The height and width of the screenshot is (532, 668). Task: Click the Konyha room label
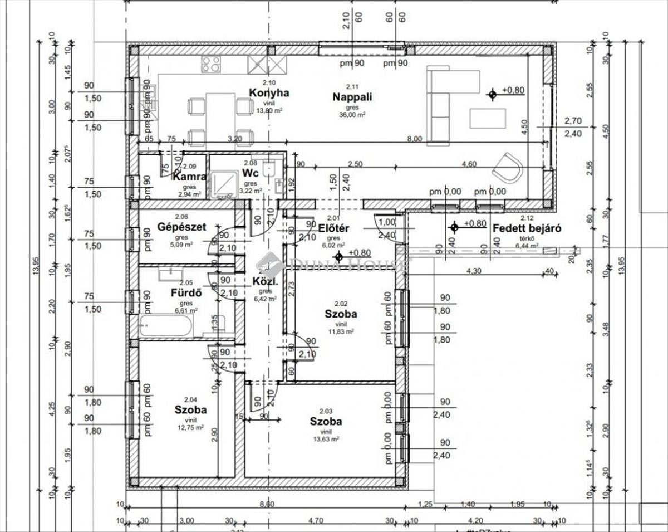pos(269,93)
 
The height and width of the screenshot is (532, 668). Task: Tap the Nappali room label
pos(352,96)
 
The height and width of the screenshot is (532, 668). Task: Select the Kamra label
pos(190,177)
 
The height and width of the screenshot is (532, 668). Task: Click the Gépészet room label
pos(182,227)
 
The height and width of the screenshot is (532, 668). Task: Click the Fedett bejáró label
pos(527,228)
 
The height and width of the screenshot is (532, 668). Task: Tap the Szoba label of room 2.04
pos(190,409)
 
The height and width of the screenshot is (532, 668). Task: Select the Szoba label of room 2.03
pos(326,421)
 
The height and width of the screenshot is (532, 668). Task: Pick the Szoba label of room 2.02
pos(341,314)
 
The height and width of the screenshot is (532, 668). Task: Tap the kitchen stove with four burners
pos(211,64)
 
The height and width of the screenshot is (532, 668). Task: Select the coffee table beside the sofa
pos(488,118)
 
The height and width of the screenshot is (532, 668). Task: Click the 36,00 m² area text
pos(352,114)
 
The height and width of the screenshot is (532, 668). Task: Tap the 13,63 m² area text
pos(326,439)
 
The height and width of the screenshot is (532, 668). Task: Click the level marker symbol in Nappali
pos(492,95)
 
